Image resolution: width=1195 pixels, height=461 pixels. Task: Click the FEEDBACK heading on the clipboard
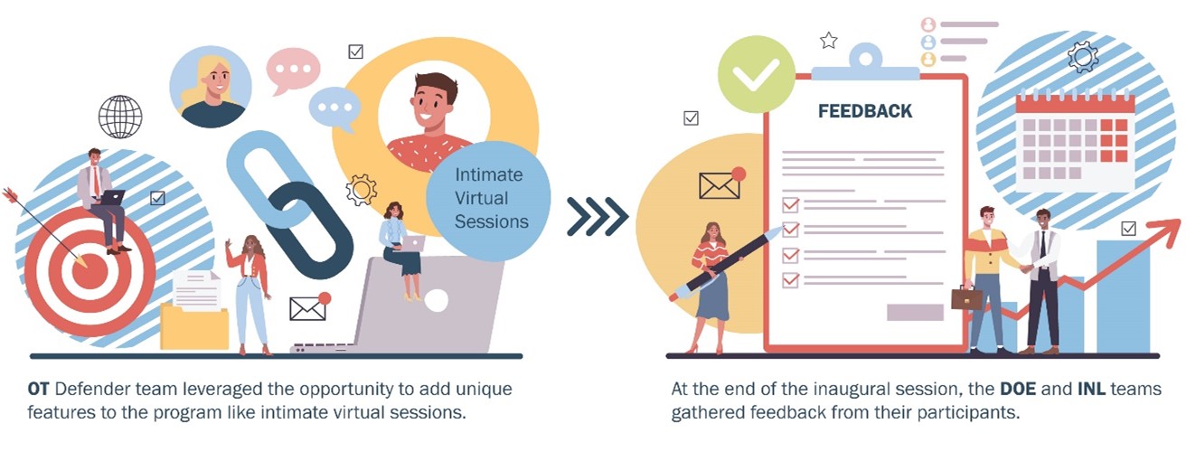click(x=865, y=111)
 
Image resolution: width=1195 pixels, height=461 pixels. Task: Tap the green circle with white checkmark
click(x=756, y=74)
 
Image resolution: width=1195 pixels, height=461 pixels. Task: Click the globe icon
click(x=120, y=117)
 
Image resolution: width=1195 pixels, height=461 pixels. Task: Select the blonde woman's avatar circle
click(x=211, y=87)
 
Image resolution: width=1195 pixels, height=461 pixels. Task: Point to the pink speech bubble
click(x=293, y=70)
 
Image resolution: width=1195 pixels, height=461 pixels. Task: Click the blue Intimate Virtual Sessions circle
click(x=488, y=200)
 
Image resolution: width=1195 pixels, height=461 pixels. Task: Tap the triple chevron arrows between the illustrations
click(x=597, y=217)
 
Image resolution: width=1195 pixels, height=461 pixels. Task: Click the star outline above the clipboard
click(x=829, y=40)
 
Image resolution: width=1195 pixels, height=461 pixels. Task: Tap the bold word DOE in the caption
click(x=1018, y=389)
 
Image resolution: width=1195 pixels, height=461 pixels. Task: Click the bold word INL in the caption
click(x=1091, y=389)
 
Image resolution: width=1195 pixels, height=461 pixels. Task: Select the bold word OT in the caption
click(x=38, y=389)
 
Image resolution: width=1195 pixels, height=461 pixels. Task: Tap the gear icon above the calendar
click(x=1083, y=57)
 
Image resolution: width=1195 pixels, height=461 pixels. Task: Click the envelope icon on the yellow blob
click(x=720, y=185)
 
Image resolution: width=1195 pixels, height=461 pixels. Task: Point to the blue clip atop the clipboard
click(x=865, y=63)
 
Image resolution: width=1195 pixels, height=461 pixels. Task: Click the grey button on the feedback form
click(x=915, y=312)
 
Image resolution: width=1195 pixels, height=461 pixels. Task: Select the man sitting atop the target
click(x=102, y=200)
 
